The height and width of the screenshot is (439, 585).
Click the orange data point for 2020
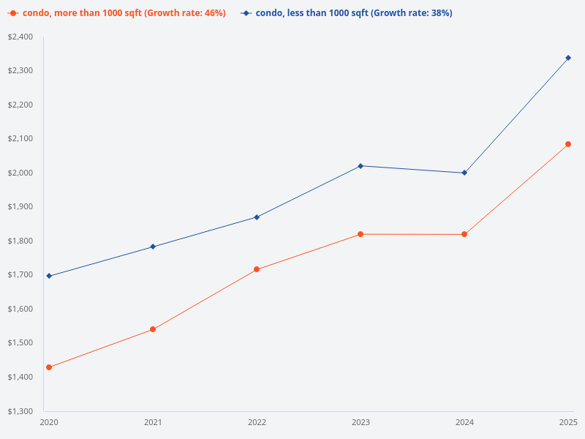pyautogui.click(x=49, y=367)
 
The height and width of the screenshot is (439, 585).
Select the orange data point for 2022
pyautogui.click(x=257, y=269)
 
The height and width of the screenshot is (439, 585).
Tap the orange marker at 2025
pyautogui.click(x=568, y=144)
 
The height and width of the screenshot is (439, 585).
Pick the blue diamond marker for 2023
pyautogui.click(x=361, y=166)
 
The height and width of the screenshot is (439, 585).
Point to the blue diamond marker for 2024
pyautogui.click(x=464, y=173)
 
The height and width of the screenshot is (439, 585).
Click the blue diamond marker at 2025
pyautogui.click(x=568, y=58)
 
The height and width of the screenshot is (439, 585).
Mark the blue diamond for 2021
pyautogui.click(x=153, y=247)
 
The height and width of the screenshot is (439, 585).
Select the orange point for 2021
pyautogui.click(x=153, y=329)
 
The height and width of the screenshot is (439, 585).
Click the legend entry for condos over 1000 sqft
pyautogui.click(x=117, y=13)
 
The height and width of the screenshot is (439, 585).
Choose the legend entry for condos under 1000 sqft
pyautogui.click(x=347, y=13)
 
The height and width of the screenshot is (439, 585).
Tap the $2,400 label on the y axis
pyautogui.click(x=20, y=37)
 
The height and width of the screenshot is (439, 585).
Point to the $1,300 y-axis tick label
pyautogui.click(x=20, y=410)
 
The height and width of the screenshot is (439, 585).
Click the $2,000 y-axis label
pyautogui.click(x=20, y=173)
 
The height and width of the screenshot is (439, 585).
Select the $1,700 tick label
pyautogui.click(x=20, y=274)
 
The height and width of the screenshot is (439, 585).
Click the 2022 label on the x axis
pyautogui.click(x=257, y=423)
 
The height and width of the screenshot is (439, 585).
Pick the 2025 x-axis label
pyautogui.click(x=568, y=423)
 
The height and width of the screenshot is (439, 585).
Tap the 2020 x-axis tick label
pyautogui.click(x=49, y=423)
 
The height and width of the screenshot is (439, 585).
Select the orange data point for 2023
pyautogui.click(x=361, y=234)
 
